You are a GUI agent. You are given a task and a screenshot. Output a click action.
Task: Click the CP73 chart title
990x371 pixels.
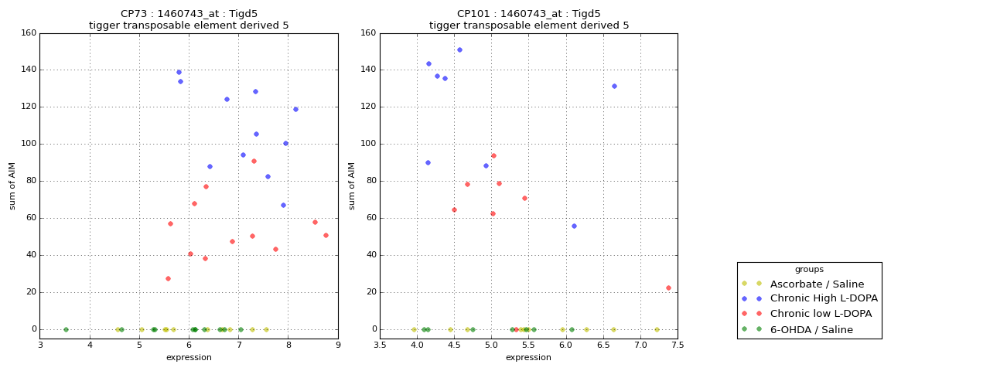point(189,19)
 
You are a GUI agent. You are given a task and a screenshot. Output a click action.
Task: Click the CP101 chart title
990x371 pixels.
point(529,19)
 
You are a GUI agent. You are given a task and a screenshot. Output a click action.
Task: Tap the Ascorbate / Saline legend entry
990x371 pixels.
point(812,284)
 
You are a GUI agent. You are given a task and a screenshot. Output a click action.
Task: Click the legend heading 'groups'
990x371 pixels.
point(809,270)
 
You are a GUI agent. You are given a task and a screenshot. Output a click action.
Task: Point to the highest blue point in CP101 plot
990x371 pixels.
point(459,50)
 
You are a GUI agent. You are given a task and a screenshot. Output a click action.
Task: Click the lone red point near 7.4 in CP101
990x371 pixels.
point(668,288)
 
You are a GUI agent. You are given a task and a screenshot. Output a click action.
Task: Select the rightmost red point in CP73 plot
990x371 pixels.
point(326,235)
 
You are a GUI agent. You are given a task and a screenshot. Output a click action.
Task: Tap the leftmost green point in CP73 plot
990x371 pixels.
point(66,329)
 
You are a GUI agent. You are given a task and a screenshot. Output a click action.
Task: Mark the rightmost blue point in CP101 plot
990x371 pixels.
point(614,86)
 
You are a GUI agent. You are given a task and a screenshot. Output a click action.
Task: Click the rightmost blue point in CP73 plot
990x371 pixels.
point(295,109)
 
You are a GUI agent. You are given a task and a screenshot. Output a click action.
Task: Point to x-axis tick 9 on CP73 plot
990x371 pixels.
point(338,345)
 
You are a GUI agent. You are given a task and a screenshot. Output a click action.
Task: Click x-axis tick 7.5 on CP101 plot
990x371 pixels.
point(678,345)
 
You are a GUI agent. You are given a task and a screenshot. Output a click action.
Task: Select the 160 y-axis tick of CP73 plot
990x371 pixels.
point(28,33)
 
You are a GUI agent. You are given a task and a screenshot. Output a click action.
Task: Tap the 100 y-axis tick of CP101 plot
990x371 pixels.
point(368,144)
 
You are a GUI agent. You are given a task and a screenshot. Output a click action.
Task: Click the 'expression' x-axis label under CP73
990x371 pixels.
point(189,358)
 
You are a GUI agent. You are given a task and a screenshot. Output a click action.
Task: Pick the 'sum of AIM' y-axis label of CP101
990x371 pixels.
point(352,185)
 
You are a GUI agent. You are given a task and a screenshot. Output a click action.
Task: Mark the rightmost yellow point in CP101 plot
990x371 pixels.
point(657,329)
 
